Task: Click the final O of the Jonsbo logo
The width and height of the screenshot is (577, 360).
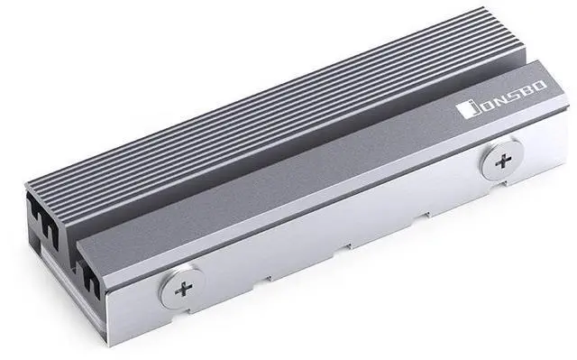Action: point(539,87)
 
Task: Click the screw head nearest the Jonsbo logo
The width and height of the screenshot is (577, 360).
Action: point(503,161)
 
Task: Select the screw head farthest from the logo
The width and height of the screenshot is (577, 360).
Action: point(182,288)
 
